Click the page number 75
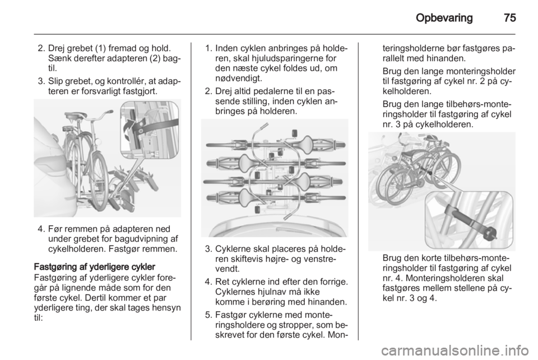pyautogui.click(x=510, y=17)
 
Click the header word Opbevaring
pyautogui.click(x=444, y=18)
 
